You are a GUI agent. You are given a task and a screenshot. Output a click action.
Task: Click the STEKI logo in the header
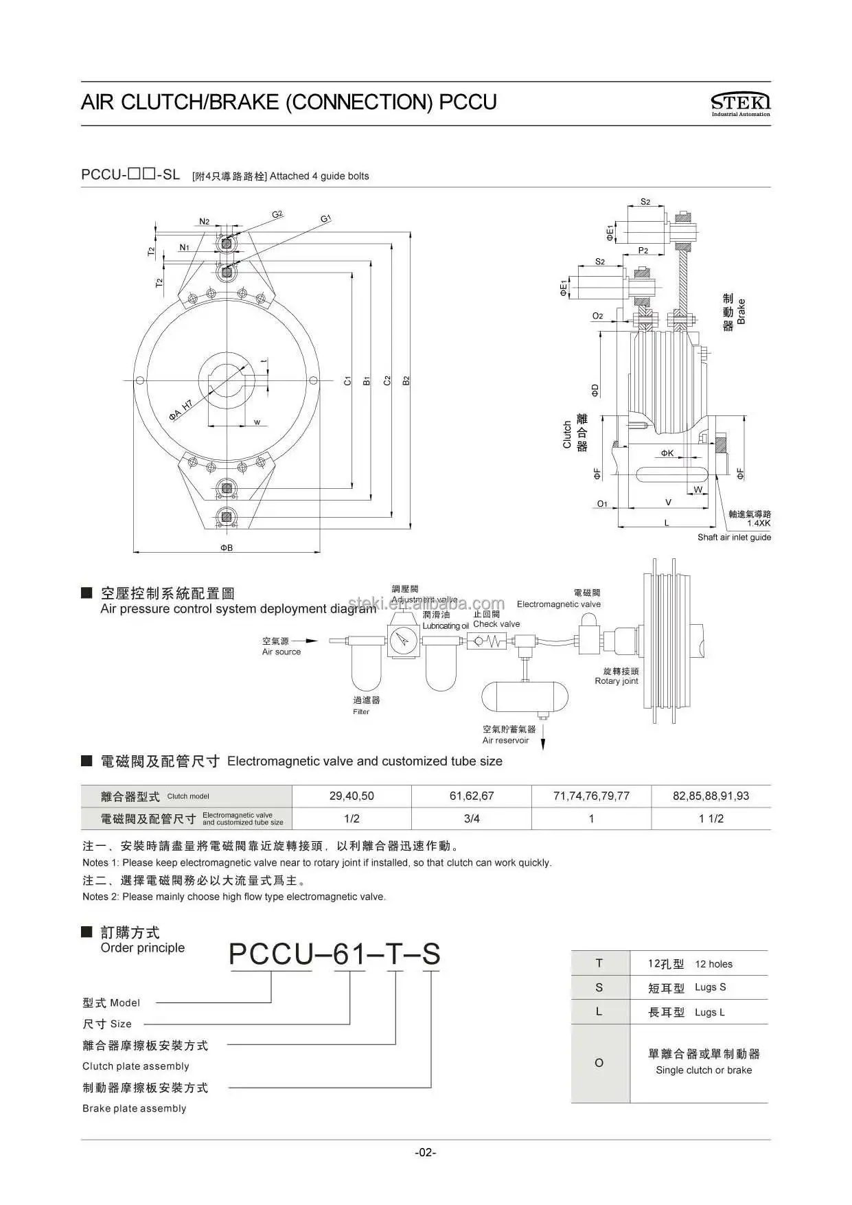coord(740,104)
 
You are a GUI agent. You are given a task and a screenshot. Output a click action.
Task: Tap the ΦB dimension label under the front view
coord(227,548)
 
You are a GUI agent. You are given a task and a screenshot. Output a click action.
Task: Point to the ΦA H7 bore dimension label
coord(182,411)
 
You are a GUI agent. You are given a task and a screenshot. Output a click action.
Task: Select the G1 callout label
coord(325,218)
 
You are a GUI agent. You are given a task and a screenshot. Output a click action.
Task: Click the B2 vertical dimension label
coord(406,380)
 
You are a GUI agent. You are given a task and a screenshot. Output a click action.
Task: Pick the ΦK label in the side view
coord(667,453)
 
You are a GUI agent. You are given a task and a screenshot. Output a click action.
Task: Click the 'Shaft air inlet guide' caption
coord(734,537)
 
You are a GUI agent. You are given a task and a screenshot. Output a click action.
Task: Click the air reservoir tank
coord(525,698)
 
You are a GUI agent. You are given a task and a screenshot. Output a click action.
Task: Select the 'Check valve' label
coord(496,624)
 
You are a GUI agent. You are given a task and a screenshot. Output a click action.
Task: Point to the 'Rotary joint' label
coord(617,681)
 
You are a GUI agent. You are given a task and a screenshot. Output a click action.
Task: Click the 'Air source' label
coord(281,652)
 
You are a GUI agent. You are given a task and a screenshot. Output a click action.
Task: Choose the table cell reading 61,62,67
coord(472,796)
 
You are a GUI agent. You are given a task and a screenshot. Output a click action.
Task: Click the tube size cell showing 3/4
coord(472,818)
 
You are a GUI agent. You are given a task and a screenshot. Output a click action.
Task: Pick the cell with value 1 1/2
coord(711,818)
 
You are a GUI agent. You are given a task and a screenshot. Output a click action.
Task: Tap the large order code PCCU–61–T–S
coord(334,954)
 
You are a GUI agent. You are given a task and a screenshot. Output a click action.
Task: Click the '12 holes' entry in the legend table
coord(713,964)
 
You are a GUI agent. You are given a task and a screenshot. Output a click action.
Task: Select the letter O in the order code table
coord(599,1063)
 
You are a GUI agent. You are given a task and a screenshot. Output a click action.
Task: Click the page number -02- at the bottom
coord(426,1152)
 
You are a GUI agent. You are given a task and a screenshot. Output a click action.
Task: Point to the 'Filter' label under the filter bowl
coord(361,711)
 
